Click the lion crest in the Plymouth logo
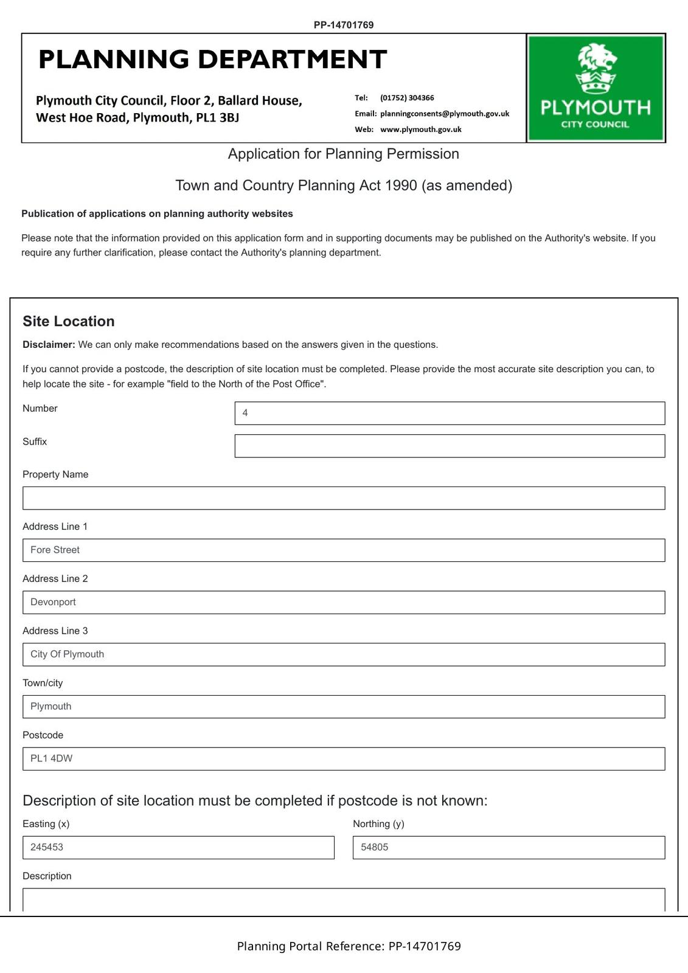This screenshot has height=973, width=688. coord(596,68)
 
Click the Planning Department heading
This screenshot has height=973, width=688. coord(212,60)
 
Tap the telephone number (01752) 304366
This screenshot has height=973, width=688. coord(407,98)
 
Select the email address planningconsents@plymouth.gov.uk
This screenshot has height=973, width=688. coord(445,114)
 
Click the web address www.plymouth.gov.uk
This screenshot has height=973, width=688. coord(420,130)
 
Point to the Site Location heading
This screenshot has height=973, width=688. coord(69,321)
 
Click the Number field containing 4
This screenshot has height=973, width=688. coord(450,414)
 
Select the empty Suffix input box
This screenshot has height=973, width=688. coord(450,446)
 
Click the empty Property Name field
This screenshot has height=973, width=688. coord(344,498)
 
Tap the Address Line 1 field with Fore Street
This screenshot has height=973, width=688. coord(344,550)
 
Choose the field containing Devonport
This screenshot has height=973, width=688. coord(344,603)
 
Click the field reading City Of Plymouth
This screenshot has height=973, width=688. coord(344,655)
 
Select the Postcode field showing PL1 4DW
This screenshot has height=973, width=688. coord(344,759)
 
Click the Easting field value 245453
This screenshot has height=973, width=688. coord(178,848)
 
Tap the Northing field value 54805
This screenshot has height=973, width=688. coord(509,848)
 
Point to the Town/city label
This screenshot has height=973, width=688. coord(43,683)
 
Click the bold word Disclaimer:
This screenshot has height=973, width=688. coord(49,345)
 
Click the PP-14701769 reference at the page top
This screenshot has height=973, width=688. coord(344,25)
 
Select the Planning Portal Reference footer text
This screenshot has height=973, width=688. coord(349,946)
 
